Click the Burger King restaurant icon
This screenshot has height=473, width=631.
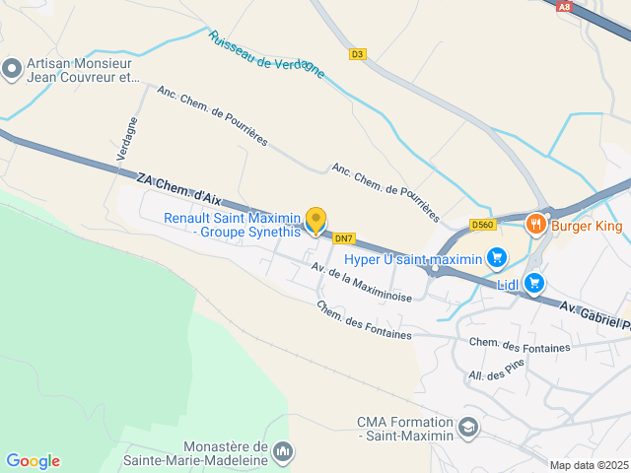[x=536, y=224]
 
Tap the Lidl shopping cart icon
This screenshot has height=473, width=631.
[x=534, y=284]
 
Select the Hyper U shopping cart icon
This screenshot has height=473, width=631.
[x=497, y=259]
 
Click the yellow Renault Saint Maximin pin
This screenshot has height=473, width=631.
[x=315, y=221]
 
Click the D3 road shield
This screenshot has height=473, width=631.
[x=357, y=54]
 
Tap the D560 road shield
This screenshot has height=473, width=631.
[x=481, y=225]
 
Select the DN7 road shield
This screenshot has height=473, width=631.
[x=343, y=237]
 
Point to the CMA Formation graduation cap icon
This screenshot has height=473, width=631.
[x=468, y=428]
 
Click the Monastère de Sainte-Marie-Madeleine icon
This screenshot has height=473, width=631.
[x=283, y=451]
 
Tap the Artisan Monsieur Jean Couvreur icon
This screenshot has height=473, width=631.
[x=12, y=68]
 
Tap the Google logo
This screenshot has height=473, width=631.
[x=33, y=461]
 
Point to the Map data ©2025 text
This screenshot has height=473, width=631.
[x=589, y=465]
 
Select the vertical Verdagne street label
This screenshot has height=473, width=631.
[x=120, y=138]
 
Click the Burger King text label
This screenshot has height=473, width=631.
[x=588, y=227]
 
